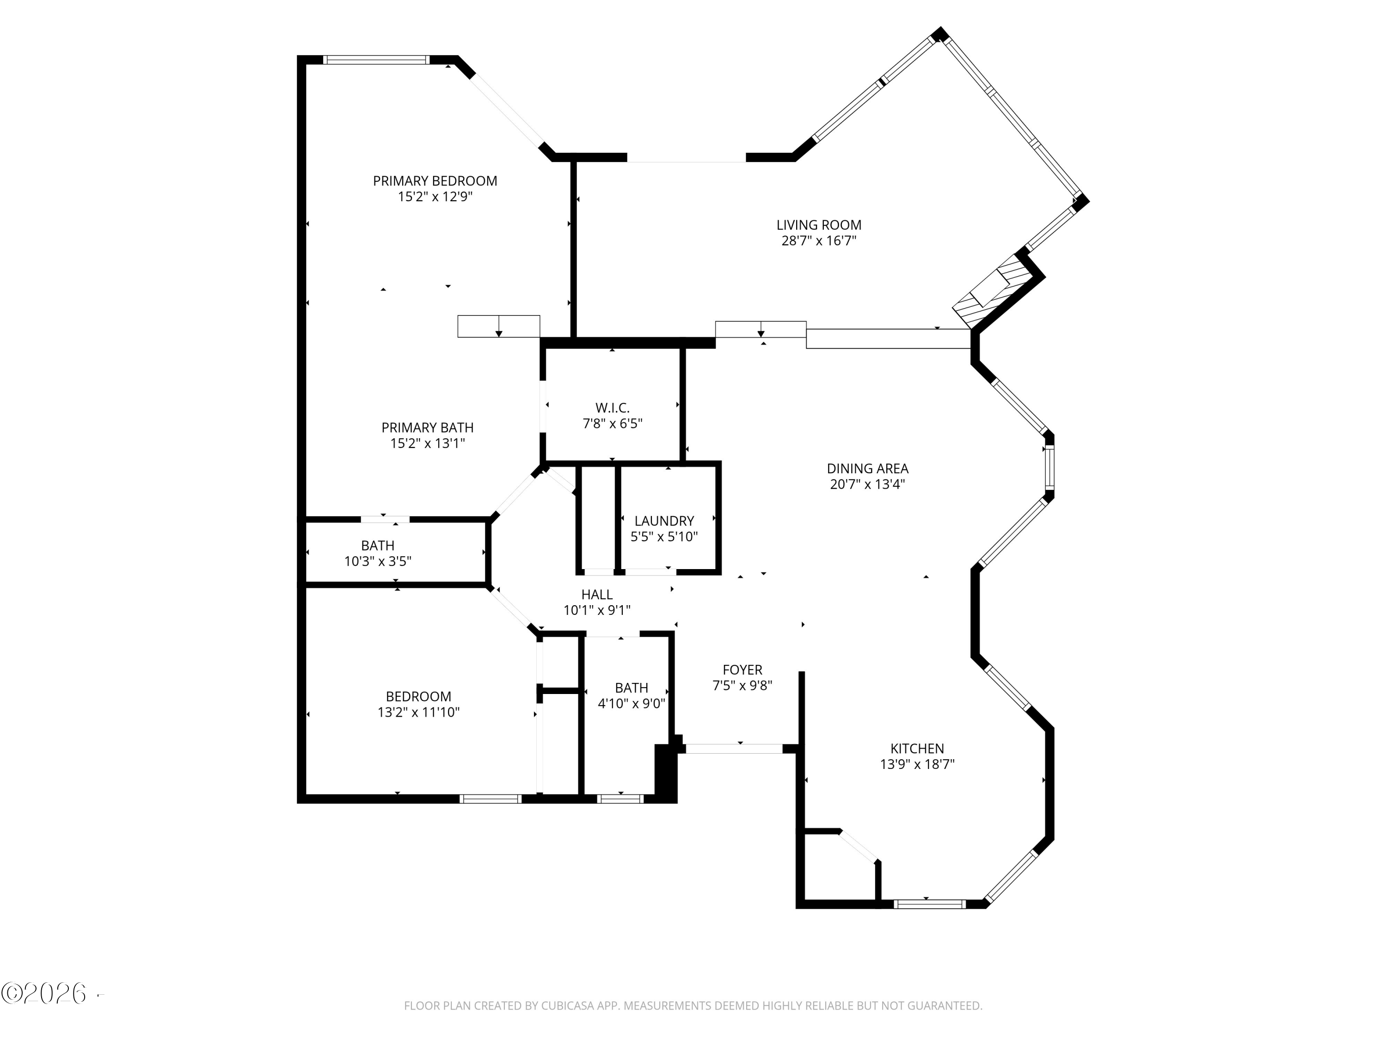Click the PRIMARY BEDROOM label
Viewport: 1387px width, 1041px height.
tap(435, 181)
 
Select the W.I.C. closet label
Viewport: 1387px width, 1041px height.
tap(612, 408)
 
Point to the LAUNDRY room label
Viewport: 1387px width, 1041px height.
tap(664, 521)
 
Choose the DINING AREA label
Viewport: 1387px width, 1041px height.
tap(867, 469)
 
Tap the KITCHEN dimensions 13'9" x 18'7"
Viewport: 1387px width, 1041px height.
tap(917, 764)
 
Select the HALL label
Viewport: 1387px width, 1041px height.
tap(596, 594)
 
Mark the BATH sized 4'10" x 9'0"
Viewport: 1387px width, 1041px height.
tap(632, 695)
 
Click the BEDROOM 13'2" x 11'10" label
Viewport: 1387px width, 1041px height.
tap(418, 696)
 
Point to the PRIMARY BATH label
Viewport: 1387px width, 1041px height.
tap(427, 428)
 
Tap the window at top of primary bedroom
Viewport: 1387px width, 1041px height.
tap(375, 60)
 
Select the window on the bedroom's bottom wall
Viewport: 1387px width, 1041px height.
tap(491, 799)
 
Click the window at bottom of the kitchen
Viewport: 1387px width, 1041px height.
tap(929, 904)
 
